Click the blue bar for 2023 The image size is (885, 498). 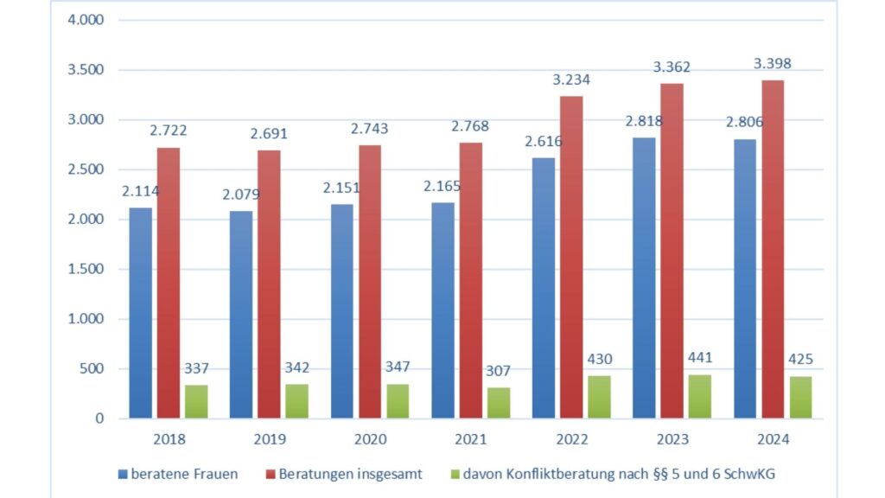pyautogui.click(x=644, y=278)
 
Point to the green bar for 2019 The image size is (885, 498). pyautogui.click(x=296, y=401)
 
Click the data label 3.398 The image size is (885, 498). pyautogui.click(x=772, y=64)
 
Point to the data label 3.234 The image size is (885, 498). pyautogui.click(x=572, y=80)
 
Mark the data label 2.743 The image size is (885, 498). pyautogui.click(x=369, y=128)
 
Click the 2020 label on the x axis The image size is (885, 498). pyautogui.click(x=370, y=440)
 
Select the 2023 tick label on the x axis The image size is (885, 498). pyautogui.click(x=673, y=440)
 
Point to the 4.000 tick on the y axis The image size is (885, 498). pyautogui.click(x=86, y=20)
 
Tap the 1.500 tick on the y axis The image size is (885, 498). pyautogui.click(x=86, y=269)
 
